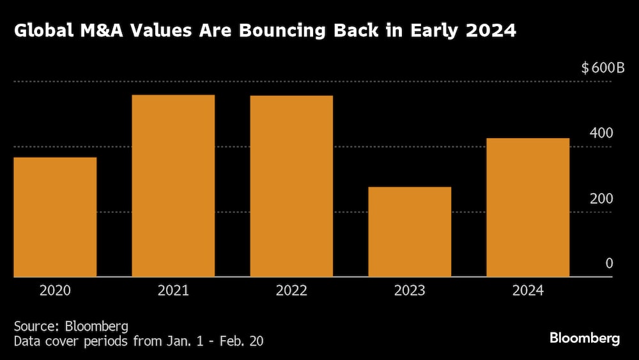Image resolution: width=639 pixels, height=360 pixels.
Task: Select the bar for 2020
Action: point(55,217)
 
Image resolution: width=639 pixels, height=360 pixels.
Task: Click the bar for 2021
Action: point(173,186)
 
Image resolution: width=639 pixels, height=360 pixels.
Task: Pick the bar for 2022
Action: point(291,186)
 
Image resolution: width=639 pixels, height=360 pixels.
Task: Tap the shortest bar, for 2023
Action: point(410,232)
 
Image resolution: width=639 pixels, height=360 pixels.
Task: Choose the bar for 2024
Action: point(528,208)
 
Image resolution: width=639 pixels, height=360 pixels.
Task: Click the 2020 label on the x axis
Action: point(55,291)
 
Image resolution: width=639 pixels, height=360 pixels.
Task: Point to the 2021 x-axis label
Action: point(173,291)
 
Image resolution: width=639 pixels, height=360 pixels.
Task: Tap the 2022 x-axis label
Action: point(291,291)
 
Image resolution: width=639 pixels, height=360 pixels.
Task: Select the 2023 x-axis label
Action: point(410,291)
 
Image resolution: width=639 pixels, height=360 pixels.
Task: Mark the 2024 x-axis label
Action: point(528,291)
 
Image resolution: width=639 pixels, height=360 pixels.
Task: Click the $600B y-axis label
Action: point(603,68)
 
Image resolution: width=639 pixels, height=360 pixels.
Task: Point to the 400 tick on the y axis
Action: point(601,134)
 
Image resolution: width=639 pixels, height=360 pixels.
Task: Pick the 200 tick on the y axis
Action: point(601,199)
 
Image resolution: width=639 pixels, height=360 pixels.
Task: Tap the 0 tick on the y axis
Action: point(609,263)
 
